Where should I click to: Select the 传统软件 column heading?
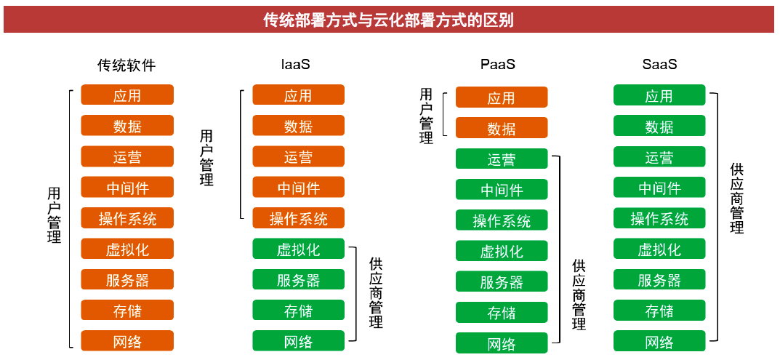(x=126, y=65)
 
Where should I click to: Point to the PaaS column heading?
(x=498, y=65)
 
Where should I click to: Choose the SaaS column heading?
(x=659, y=65)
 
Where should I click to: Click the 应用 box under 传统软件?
(x=127, y=95)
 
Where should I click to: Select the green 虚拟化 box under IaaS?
(x=299, y=249)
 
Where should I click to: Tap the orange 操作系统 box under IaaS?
(x=299, y=218)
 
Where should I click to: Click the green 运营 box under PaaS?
(x=502, y=159)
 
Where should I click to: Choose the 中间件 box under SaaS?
(x=659, y=187)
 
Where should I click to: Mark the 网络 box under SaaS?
(x=659, y=341)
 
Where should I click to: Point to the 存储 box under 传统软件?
(x=127, y=311)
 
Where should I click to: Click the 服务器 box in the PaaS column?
(x=502, y=281)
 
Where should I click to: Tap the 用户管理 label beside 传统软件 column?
(x=55, y=215)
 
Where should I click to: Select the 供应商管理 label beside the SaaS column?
(x=737, y=198)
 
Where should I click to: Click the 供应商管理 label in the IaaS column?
(x=376, y=293)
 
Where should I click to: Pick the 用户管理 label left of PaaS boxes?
(x=426, y=116)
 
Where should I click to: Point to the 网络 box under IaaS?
(x=299, y=341)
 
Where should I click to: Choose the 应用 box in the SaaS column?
(x=659, y=95)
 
